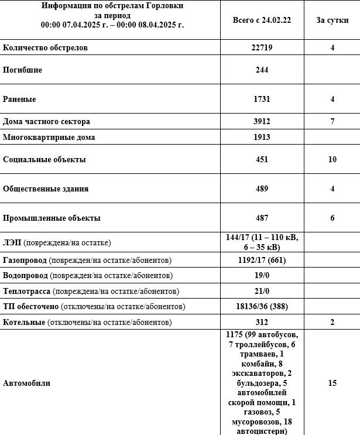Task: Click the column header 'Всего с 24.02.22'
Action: click(262, 20)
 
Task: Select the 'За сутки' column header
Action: click(332, 20)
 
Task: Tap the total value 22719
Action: click(262, 47)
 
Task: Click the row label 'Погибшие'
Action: click(22, 70)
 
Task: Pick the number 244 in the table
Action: click(262, 70)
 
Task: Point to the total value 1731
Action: click(262, 99)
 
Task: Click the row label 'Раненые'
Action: click(20, 99)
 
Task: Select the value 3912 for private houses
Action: click(262, 122)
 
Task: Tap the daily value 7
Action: click(332, 122)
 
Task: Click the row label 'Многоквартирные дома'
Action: click(49, 138)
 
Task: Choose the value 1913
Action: click(262, 138)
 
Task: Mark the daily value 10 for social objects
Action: click(332, 159)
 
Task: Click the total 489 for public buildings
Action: click(262, 189)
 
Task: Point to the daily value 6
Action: click(332, 218)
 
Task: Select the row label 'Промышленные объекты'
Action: click(52, 218)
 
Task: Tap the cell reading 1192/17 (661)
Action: click(262, 259)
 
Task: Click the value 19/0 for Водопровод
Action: click(262, 275)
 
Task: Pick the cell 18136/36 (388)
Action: click(262, 306)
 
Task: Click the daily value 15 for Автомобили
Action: click(332, 383)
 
